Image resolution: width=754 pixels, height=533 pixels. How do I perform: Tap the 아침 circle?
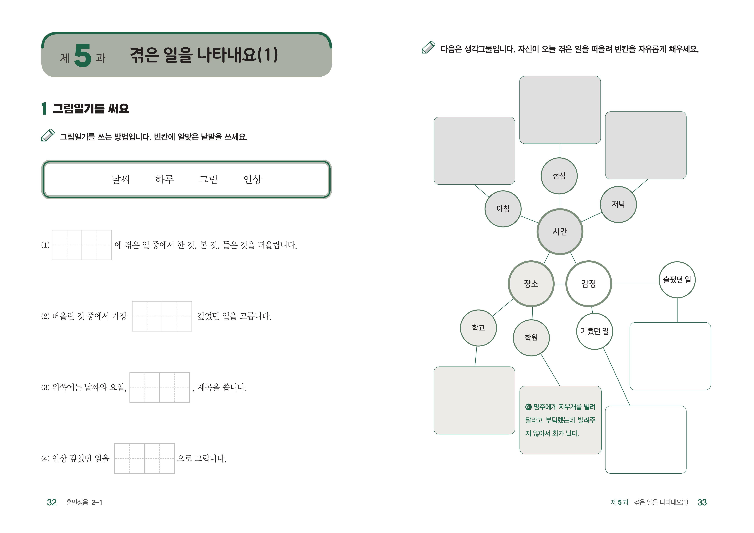click(503, 209)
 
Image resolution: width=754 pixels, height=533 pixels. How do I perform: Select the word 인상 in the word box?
click(253, 179)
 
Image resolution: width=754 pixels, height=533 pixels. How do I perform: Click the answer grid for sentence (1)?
click(82, 245)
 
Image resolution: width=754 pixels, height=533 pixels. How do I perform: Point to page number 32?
click(52, 502)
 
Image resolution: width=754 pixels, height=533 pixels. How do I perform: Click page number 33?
click(702, 502)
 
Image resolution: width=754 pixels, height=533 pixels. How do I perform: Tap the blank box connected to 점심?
click(560, 110)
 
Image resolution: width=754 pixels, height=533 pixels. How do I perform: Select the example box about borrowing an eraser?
click(560, 420)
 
